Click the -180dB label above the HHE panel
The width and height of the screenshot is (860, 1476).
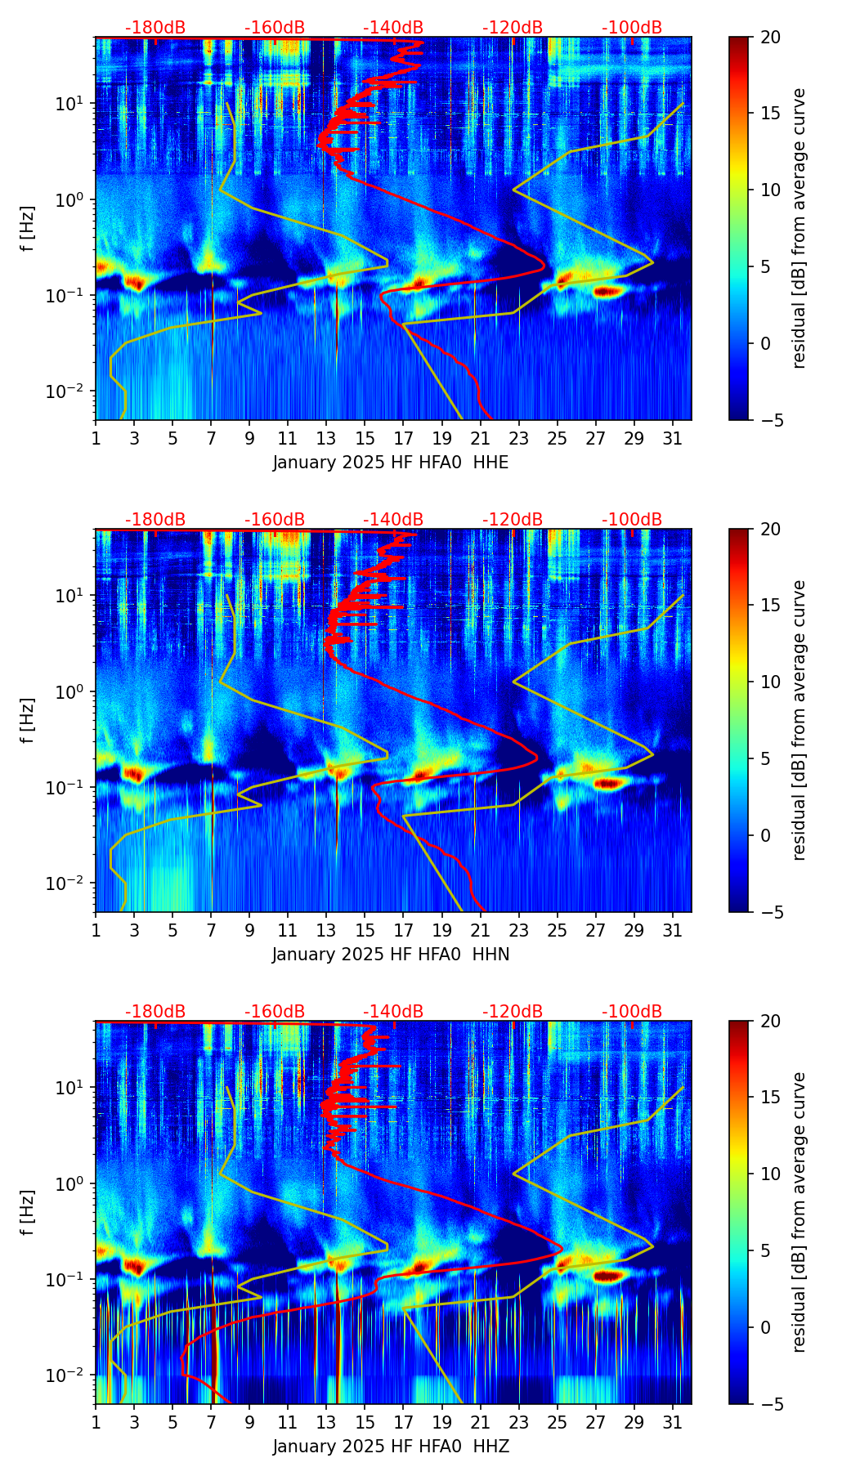click(x=155, y=28)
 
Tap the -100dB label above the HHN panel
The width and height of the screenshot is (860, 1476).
click(x=632, y=520)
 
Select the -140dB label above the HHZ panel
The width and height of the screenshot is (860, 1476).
click(x=393, y=1012)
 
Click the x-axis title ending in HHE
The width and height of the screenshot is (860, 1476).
click(x=391, y=463)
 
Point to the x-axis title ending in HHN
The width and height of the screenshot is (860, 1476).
click(x=391, y=955)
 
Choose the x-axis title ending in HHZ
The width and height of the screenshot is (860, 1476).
click(x=391, y=1447)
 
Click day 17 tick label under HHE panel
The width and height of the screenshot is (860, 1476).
click(x=403, y=438)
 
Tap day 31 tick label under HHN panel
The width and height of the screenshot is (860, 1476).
click(x=673, y=930)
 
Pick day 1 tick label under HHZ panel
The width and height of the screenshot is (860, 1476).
click(x=96, y=1422)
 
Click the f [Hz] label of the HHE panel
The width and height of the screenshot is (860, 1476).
click(x=28, y=229)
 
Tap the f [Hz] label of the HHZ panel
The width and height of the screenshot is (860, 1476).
click(x=28, y=1213)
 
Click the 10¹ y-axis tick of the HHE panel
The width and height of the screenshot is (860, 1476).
click(x=74, y=104)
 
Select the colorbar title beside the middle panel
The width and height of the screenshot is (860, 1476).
click(x=800, y=720)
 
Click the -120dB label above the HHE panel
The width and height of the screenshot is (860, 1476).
click(x=513, y=28)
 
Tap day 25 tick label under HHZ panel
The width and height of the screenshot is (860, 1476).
click(x=557, y=1422)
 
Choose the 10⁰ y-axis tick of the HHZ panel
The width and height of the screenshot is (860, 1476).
click(x=74, y=1183)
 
